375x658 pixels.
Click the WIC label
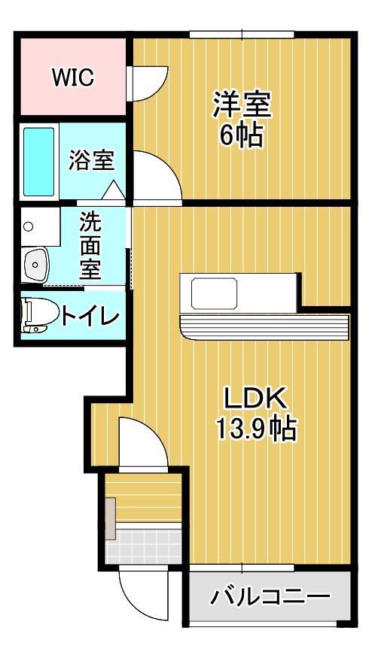(72, 77)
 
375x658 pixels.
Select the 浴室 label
(92, 160)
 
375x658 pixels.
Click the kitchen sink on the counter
(214, 293)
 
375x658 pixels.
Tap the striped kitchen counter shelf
(264, 326)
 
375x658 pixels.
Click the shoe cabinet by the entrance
(111, 519)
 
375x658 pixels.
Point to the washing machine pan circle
(29, 226)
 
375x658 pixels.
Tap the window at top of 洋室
(241, 34)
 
